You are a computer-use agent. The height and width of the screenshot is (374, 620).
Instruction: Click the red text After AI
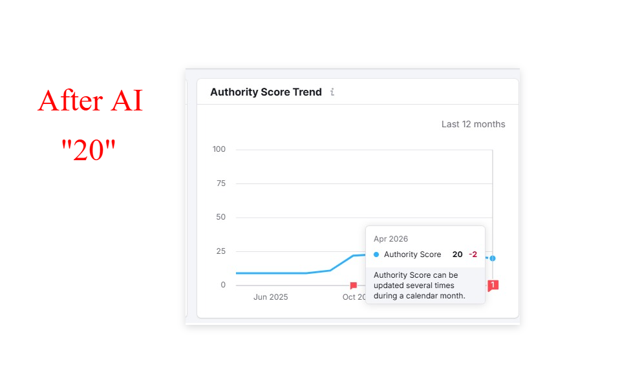point(90,101)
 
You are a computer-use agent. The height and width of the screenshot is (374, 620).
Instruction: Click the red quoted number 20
point(89,151)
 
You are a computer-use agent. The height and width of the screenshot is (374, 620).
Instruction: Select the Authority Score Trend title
point(266,92)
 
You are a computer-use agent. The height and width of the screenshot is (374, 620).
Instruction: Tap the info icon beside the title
point(332,92)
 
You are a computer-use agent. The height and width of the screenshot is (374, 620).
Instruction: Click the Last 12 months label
point(473,124)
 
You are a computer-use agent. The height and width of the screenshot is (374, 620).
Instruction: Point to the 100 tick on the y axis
point(219,149)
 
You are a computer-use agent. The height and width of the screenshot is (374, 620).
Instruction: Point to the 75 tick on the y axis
point(220,183)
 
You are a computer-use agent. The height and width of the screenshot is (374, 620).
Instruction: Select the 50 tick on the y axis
point(220,217)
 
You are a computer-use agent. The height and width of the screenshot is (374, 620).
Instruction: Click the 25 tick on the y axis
point(220,251)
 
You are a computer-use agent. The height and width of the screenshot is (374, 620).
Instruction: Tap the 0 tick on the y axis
point(223,285)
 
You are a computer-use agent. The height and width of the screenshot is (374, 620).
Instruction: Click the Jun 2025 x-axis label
point(270,297)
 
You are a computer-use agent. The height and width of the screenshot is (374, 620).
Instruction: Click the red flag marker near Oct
point(353,286)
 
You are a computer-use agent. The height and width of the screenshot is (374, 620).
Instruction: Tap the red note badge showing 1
point(493,285)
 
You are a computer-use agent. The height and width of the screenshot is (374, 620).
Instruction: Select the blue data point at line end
point(493,258)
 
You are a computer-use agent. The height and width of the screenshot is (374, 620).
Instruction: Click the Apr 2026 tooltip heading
point(390,239)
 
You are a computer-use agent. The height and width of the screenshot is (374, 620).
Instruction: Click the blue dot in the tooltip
point(376,255)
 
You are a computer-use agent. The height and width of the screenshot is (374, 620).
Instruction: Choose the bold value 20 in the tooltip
point(457,255)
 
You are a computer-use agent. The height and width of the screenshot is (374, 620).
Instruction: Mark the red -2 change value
point(473,255)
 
